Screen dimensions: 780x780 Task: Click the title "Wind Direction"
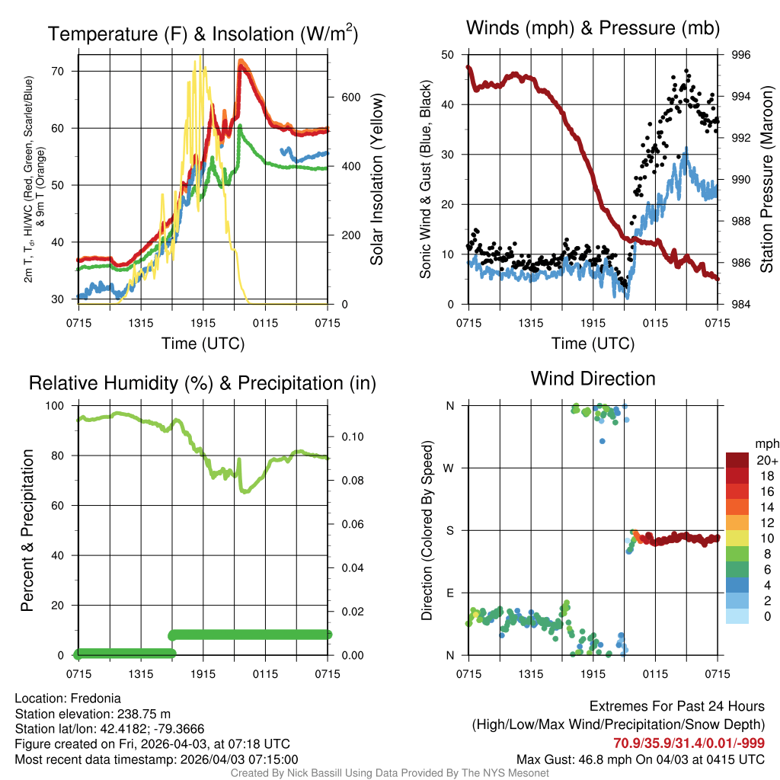point(593,379)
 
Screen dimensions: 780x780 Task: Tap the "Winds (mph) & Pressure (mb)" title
point(593,29)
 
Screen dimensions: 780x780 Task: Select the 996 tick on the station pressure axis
point(740,55)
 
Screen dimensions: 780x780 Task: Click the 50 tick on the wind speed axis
point(447,55)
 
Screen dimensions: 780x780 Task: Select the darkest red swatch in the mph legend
point(738,460)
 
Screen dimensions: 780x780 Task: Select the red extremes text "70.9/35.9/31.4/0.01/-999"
point(689,743)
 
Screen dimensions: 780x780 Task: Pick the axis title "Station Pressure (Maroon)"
point(767,180)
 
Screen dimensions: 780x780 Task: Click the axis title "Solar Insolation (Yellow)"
point(376,180)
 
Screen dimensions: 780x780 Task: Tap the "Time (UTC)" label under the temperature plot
point(203,344)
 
